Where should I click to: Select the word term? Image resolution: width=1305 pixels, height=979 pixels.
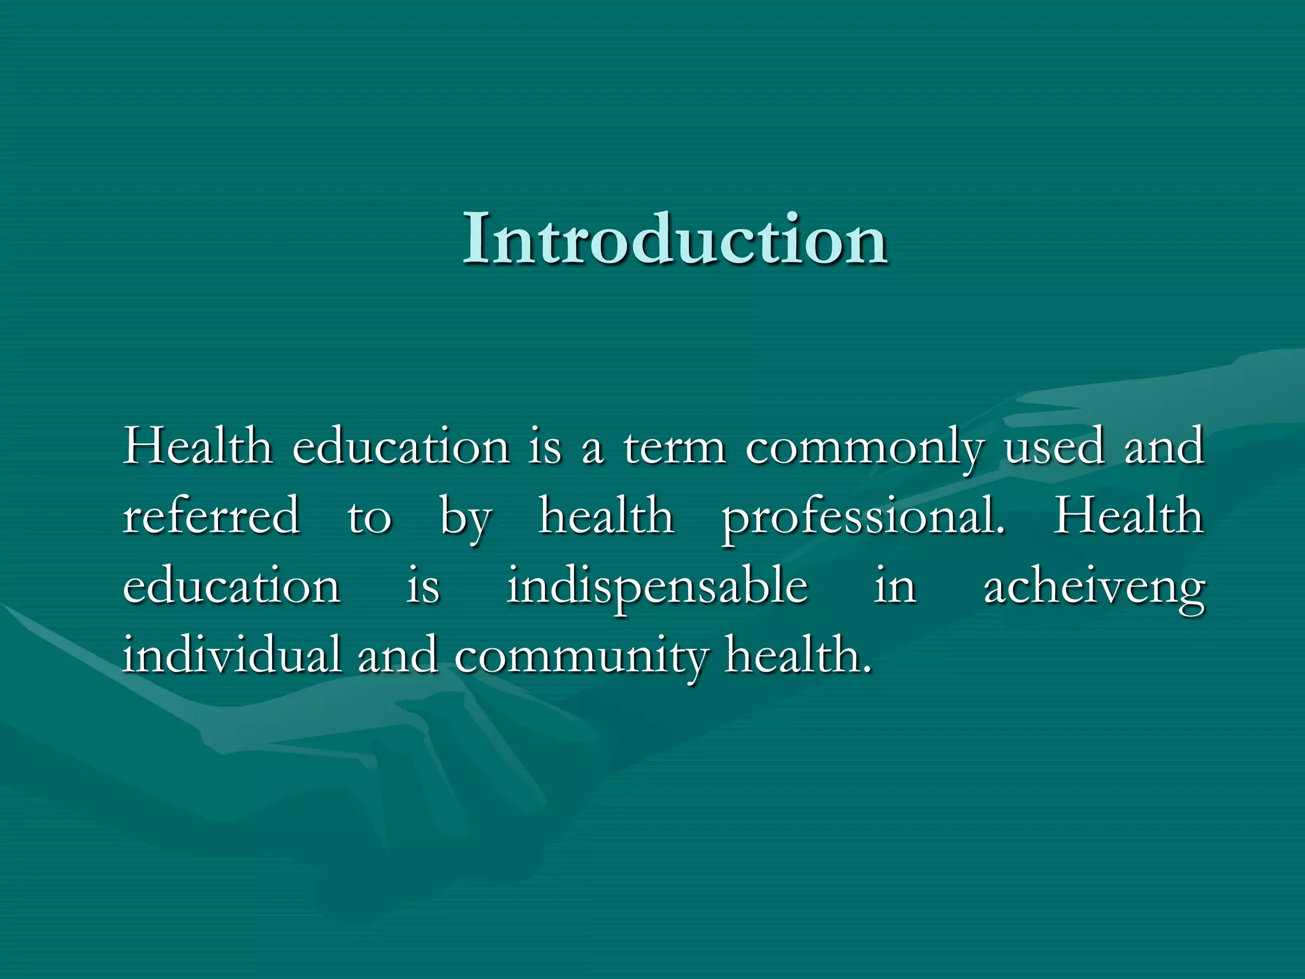pyautogui.click(x=674, y=447)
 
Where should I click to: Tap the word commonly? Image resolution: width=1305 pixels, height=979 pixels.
pyautogui.click(x=865, y=449)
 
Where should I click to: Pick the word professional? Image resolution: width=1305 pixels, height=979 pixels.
pyautogui.click(x=863, y=518)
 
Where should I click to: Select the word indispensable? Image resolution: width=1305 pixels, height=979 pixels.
pyautogui.click(x=657, y=587)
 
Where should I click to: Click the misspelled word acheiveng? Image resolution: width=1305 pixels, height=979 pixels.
pyautogui.click(x=1094, y=587)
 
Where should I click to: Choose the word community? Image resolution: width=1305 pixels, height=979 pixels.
pyautogui.click(x=580, y=656)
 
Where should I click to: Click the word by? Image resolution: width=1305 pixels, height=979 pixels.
pyautogui.click(x=465, y=518)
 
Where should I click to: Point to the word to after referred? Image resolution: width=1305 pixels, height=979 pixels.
pyautogui.click(x=369, y=517)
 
